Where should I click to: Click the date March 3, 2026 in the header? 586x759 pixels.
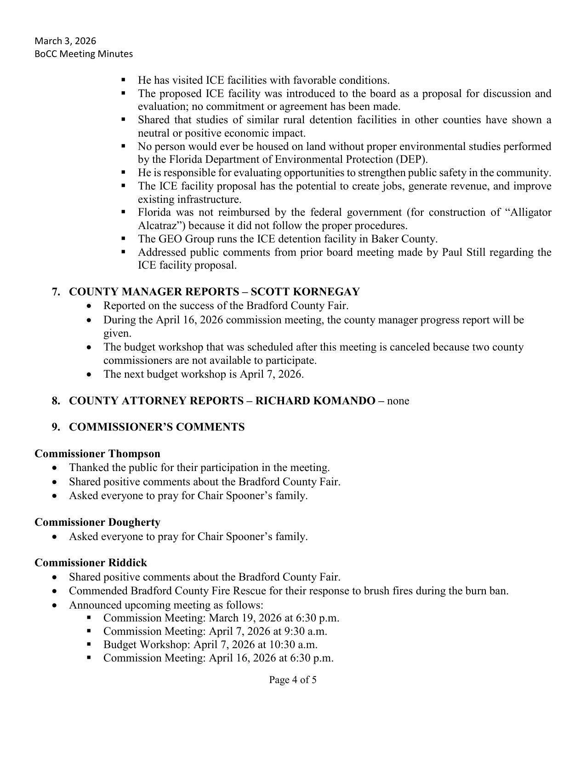pyautogui.click(x=65, y=41)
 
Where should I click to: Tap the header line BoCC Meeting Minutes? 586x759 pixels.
pyautogui.click(x=84, y=54)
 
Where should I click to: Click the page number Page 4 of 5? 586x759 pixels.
pyautogui.click(x=293, y=679)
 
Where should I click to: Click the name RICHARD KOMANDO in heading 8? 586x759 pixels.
pyautogui.click(x=315, y=401)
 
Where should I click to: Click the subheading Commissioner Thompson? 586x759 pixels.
pyautogui.click(x=97, y=454)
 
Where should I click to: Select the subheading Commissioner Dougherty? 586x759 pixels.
pyautogui.click(x=97, y=522)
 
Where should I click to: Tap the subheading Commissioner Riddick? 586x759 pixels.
pyautogui.click(x=91, y=563)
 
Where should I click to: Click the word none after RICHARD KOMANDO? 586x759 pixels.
pyautogui.click(x=398, y=401)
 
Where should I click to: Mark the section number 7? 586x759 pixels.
pyautogui.click(x=56, y=292)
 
